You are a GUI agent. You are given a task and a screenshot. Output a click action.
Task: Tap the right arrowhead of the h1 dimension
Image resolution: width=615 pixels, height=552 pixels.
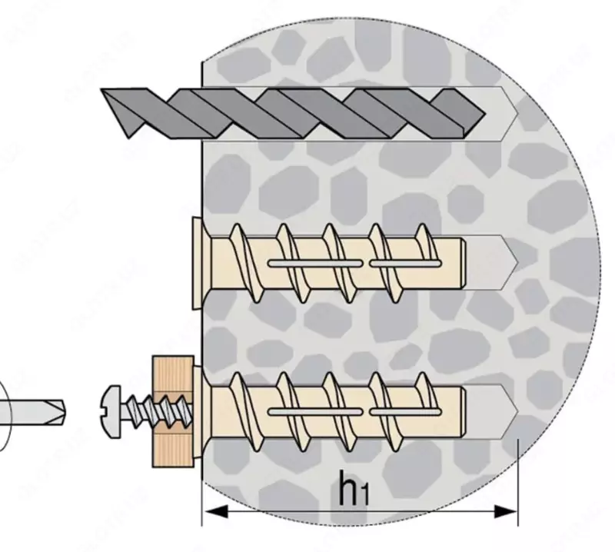click(x=510, y=509)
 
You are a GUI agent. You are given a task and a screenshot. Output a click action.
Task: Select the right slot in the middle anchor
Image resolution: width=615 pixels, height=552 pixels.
click(x=404, y=264)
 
